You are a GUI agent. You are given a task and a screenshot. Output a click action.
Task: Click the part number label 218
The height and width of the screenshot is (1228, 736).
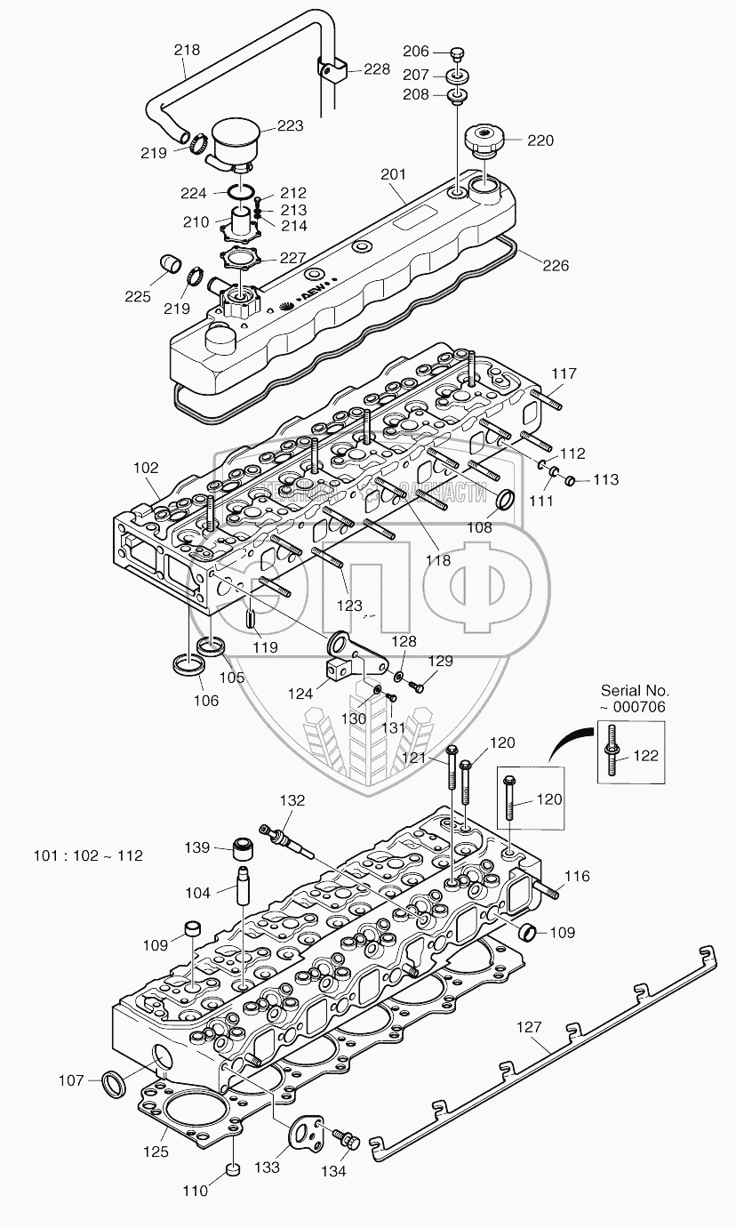[187, 51]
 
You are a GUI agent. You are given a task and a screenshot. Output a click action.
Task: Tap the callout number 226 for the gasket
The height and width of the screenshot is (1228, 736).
[556, 265]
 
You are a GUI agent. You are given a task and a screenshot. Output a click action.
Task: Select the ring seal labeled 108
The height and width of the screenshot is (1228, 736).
[504, 500]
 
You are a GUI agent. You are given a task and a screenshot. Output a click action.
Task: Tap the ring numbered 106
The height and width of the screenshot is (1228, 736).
[184, 663]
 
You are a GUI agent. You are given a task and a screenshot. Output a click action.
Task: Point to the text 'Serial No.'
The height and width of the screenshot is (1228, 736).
[636, 689]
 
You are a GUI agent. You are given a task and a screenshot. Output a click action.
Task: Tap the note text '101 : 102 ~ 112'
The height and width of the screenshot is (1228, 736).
[88, 856]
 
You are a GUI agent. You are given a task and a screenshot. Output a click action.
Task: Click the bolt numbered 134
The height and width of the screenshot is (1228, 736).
[345, 1138]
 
